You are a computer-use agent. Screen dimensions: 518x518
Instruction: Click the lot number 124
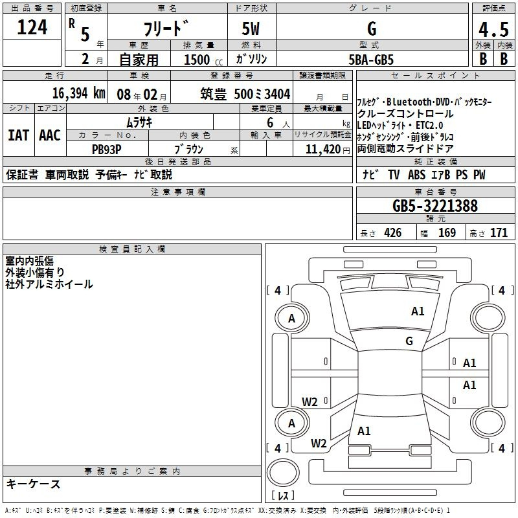pos(32,27)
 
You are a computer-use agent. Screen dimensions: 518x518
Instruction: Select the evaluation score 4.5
pos(493,30)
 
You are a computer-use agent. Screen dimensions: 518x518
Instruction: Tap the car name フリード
pos(165,30)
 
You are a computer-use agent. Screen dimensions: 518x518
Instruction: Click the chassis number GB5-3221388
pos(435,207)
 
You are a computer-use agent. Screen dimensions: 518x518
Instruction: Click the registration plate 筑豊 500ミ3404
pos(245,94)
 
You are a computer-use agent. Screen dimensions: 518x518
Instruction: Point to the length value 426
pos(392,233)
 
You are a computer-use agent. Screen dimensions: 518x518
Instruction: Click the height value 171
pos(499,233)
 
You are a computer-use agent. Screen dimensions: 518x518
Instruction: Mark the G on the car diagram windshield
pos(409,341)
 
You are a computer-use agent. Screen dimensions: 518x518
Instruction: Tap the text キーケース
pos(34,484)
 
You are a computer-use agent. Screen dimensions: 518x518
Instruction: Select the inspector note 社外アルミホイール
pos(49,284)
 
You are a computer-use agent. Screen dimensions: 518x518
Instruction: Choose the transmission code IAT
pos(17,135)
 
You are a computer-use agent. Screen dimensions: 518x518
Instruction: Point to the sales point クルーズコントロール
pos(405,114)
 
